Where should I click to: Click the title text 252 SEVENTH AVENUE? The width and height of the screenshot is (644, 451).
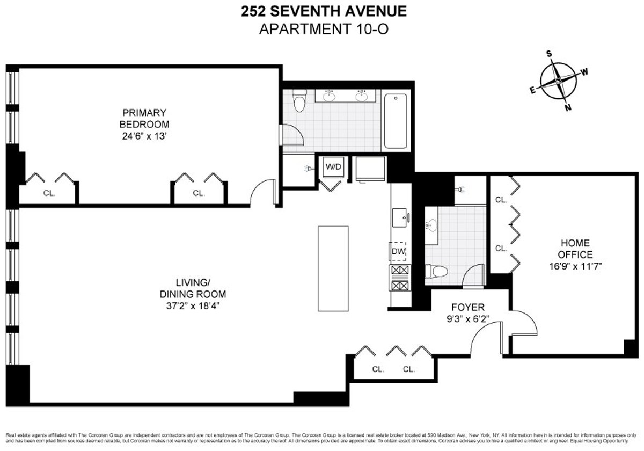pos(323,11)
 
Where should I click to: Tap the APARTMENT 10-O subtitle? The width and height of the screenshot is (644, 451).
pos(323,28)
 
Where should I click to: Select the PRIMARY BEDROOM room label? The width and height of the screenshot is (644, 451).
pos(144,118)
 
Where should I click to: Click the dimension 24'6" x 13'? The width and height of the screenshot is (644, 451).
pos(144,136)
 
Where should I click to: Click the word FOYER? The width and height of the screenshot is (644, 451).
pos(467,308)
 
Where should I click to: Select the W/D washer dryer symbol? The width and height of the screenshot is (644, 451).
pos(333,167)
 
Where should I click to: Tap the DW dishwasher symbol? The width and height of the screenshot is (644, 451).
pos(398,251)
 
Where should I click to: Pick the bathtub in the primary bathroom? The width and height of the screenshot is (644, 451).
pos(396,121)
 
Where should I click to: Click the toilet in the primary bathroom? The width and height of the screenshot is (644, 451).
pos(299,100)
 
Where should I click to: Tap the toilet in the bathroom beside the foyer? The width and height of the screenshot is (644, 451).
pos(437,272)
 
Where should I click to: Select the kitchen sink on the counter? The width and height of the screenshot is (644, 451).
pos(399,217)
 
